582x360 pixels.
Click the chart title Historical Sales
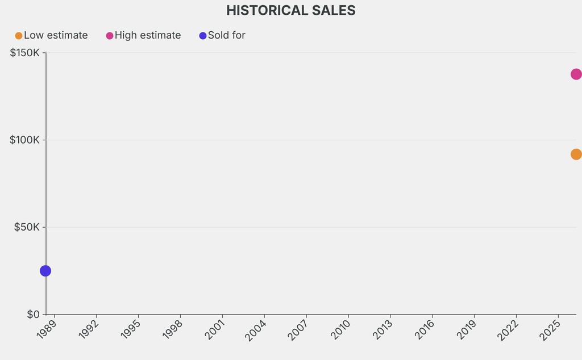[x=290, y=10]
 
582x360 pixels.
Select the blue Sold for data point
[x=45, y=271]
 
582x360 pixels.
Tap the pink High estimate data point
[x=576, y=74]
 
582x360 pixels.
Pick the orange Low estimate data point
[x=576, y=154]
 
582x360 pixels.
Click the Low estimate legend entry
[x=52, y=35]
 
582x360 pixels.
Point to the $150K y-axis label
[x=24, y=53]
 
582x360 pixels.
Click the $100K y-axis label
[x=24, y=140]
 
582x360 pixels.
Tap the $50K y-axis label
[x=27, y=227]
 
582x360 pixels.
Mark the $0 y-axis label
[x=34, y=314]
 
